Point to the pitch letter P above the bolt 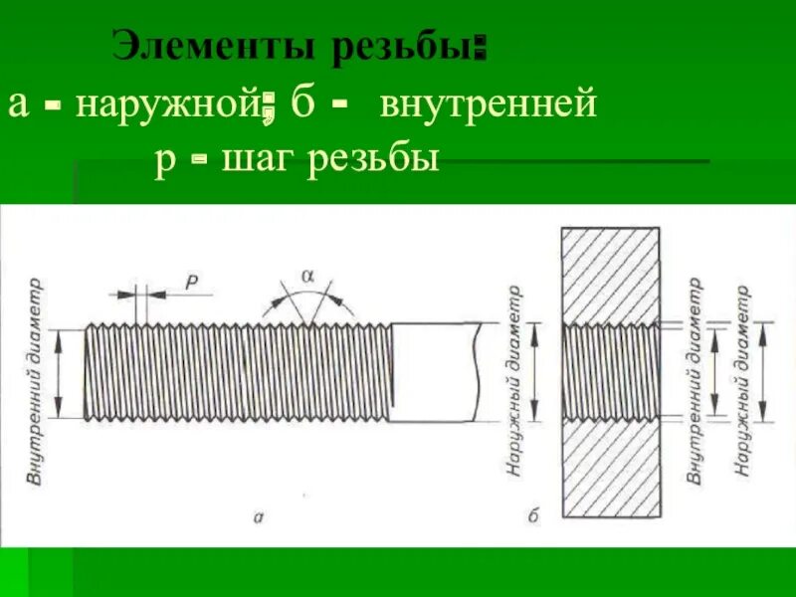(x=192, y=284)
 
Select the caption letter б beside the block (x=533, y=514)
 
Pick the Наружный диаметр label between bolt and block (x=514, y=383)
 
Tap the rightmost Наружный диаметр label (x=741, y=378)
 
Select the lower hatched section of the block (x=611, y=469)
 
